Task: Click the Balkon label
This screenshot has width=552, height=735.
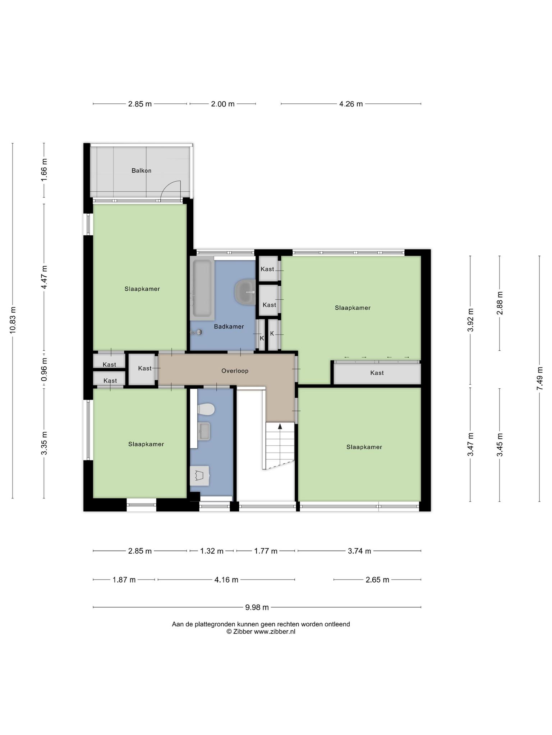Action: (141, 171)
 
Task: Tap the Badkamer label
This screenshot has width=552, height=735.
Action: (229, 327)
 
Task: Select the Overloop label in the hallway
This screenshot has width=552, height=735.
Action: (235, 371)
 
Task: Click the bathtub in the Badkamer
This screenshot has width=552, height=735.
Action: (202, 288)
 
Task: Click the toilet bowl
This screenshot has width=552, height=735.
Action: (206, 409)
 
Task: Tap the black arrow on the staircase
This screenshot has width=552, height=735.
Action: (280, 426)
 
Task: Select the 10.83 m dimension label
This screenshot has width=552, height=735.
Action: (13, 320)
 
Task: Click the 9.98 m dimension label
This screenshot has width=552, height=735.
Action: (257, 607)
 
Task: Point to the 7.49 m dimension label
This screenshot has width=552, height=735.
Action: (539, 379)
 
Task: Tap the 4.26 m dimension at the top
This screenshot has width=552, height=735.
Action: (351, 104)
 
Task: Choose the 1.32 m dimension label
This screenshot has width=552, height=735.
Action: (212, 551)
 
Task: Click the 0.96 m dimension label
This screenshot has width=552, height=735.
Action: (44, 370)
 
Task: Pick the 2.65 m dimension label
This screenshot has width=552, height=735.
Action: (377, 580)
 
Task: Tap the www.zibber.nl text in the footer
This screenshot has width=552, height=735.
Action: (275, 632)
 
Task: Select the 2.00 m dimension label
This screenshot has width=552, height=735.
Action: (223, 104)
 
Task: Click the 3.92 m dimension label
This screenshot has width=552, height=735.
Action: (470, 320)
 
